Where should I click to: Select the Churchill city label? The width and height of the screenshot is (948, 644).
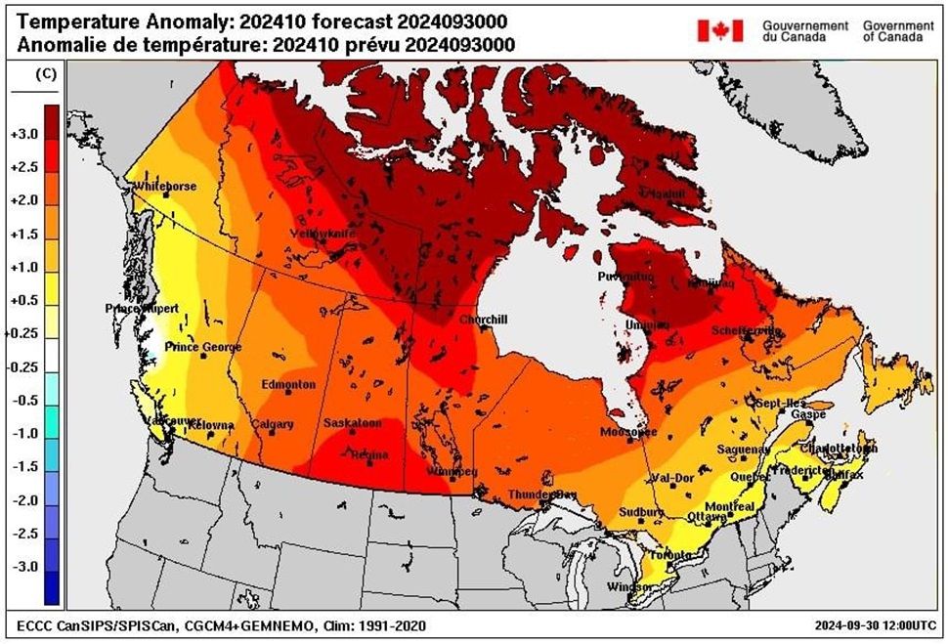click(483, 320)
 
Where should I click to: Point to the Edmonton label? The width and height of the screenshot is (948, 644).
click(288, 384)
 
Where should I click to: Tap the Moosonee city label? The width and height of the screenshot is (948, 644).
click(628, 431)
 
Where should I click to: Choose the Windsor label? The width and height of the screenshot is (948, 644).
click(621, 586)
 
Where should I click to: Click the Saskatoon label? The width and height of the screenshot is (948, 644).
click(352, 423)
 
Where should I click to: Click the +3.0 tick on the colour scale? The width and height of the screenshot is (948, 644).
click(22, 134)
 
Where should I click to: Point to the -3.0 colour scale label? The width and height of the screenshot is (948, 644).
click(22, 567)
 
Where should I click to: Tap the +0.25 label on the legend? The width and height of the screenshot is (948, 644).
click(21, 333)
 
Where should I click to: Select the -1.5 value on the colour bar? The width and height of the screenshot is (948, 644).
click(22, 467)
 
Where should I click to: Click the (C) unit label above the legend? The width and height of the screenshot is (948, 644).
click(45, 74)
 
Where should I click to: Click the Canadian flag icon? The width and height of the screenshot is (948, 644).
click(719, 30)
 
